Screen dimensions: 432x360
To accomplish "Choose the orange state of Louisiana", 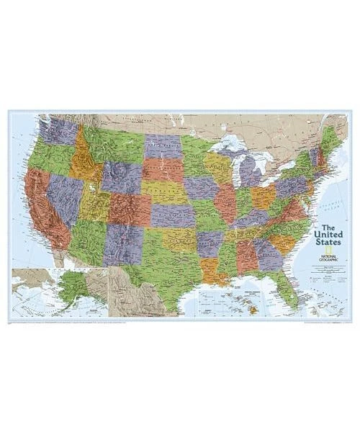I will [210, 270].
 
